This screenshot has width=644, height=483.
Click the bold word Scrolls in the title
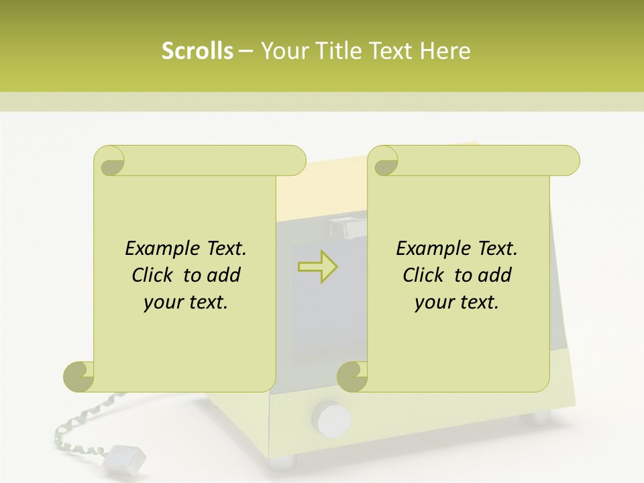(x=197, y=51)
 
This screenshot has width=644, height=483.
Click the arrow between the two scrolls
(x=317, y=267)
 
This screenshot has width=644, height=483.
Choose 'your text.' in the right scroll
(x=457, y=303)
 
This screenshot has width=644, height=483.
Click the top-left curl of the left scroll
(x=109, y=161)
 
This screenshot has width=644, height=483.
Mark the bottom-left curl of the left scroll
(x=79, y=376)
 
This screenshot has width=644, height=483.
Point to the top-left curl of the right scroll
(x=384, y=161)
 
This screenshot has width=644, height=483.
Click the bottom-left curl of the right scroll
(x=353, y=376)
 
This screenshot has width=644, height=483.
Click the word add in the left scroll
(x=224, y=275)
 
